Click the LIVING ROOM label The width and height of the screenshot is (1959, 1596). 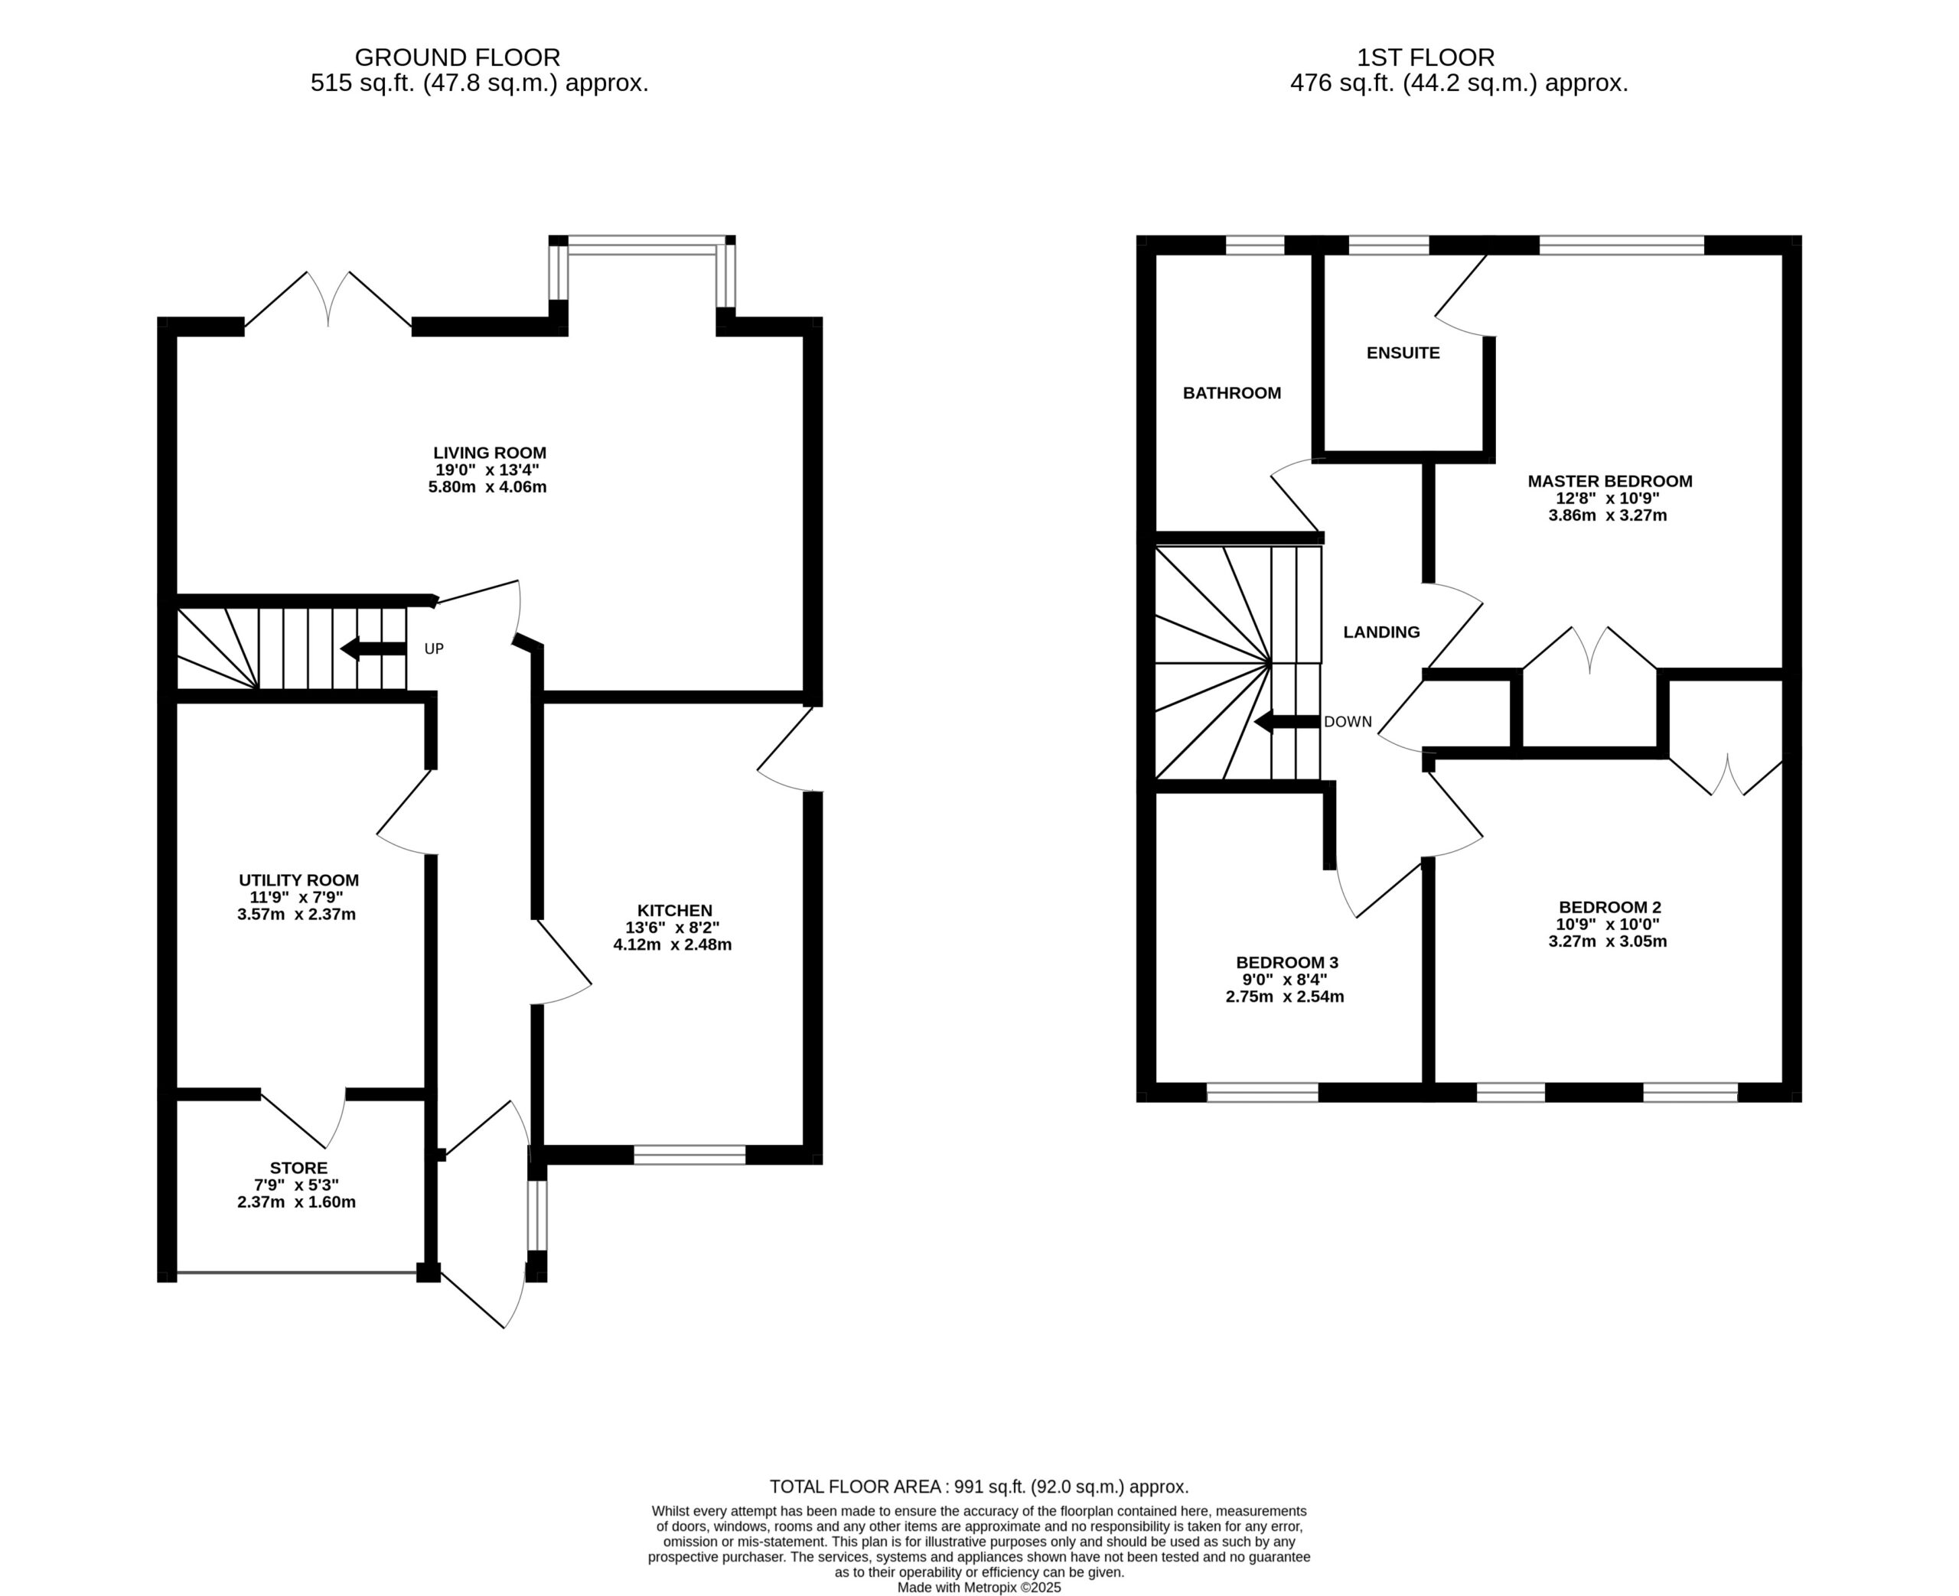click(x=489, y=452)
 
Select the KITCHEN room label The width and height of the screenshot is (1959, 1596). click(x=675, y=910)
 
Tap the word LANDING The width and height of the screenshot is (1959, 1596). click(x=1381, y=632)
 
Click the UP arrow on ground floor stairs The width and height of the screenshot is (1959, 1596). click(x=373, y=648)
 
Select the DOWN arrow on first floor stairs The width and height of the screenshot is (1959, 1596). click(x=1286, y=722)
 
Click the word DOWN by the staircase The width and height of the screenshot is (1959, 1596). click(x=1348, y=722)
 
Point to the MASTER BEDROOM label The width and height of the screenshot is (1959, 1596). click(x=1609, y=481)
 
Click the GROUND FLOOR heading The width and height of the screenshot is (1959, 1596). click(x=457, y=58)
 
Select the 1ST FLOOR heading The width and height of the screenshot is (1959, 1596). click(x=1426, y=58)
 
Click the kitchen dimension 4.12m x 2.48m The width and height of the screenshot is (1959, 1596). click(x=673, y=944)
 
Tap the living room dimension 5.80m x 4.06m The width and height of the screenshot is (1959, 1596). click(x=487, y=486)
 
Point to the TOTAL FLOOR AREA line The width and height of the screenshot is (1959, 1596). click(x=979, y=1487)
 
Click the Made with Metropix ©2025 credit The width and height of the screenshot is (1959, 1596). click(x=979, y=1588)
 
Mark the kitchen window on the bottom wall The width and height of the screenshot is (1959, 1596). click(x=689, y=1155)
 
